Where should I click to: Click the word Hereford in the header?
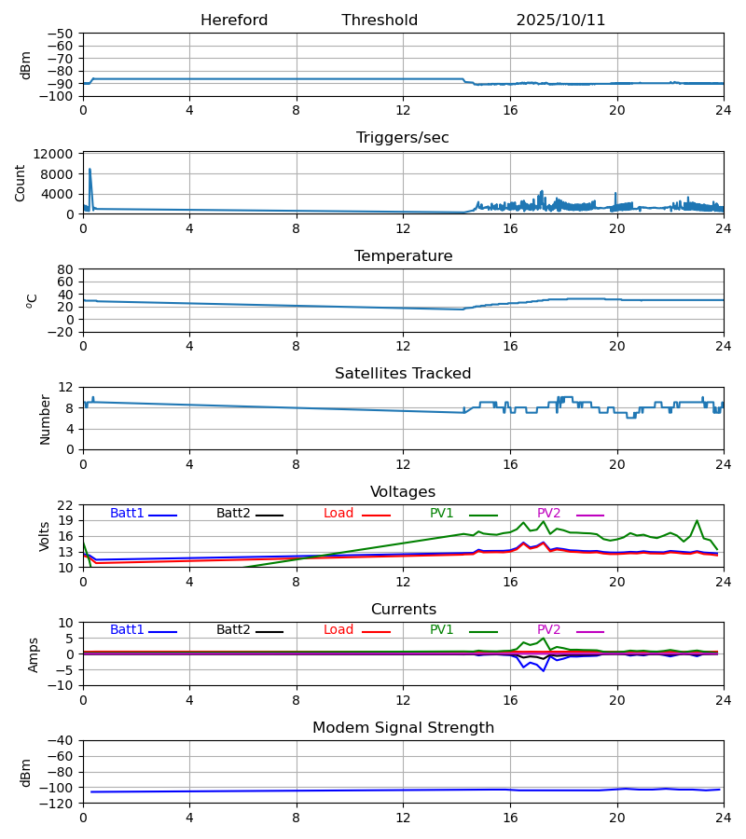pyautogui.click(x=234, y=21)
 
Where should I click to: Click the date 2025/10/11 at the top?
pyautogui.click(x=560, y=21)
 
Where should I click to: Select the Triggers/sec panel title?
pyautogui.click(x=403, y=138)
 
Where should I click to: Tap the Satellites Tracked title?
pyautogui.click(x=403, y=374)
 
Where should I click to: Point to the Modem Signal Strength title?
pyautogui.click(x=403, y=728)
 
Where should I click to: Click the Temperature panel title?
pyautogui.click(x=403, y=256)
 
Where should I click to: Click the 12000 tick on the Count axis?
pyautogui.click(x=59, y=154)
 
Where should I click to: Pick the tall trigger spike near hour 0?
pyautogui.click(x=90, y=170)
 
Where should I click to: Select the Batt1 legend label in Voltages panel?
pyautogui.click(x=127, y=514)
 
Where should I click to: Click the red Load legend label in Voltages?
pyautogui.click(x=338, y=514)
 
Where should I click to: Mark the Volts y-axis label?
pyautogui.click(x=46, y=536)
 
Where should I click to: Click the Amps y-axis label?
pyautogui.click(x=35, y=654)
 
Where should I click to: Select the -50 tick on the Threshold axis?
pyautogui.click(x=61, y=34)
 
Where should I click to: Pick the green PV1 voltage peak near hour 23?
pyautogui.click(x=697, y=521)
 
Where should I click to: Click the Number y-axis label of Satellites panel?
pyautogui.click(x=46, y=419)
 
